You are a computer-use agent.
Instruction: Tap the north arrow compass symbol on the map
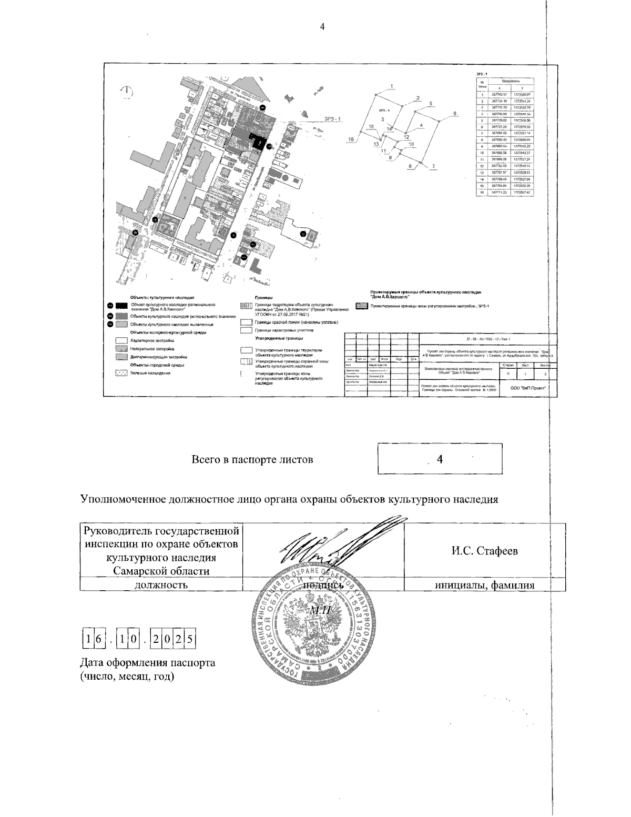pos(128,93)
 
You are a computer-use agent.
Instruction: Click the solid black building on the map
pos(258,142)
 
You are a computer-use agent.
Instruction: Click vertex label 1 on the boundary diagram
pos(392,86)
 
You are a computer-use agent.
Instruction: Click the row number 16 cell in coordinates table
pos(481,193)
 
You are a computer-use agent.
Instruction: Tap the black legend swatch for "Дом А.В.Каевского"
pos(122,306)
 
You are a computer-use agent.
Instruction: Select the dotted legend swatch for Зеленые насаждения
pos(121,372)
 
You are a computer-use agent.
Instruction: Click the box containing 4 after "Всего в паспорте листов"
pos(440,459)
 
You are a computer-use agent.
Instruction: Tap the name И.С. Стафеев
pos(484,551)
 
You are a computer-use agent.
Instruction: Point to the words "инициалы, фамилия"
pos(484,584)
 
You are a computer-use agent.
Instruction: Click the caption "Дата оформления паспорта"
pos(147,662)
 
